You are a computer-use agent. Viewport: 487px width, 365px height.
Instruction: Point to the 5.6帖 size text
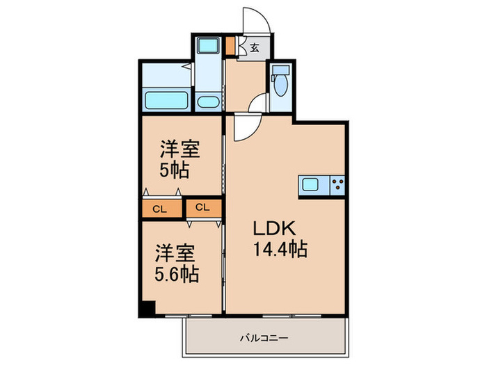point(177,273)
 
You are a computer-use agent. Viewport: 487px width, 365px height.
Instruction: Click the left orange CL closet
point(159,208)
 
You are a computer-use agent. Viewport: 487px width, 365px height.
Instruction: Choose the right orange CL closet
point(203,207)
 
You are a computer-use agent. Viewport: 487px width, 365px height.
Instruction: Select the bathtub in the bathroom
point(166,99)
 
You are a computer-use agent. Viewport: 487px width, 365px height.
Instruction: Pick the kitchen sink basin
point(310,185)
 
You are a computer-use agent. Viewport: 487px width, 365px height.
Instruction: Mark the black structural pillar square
point(146,308)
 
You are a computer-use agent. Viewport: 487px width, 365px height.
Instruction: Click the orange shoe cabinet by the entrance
point(231,47)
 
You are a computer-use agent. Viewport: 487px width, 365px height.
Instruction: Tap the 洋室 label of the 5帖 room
point(180,149)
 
